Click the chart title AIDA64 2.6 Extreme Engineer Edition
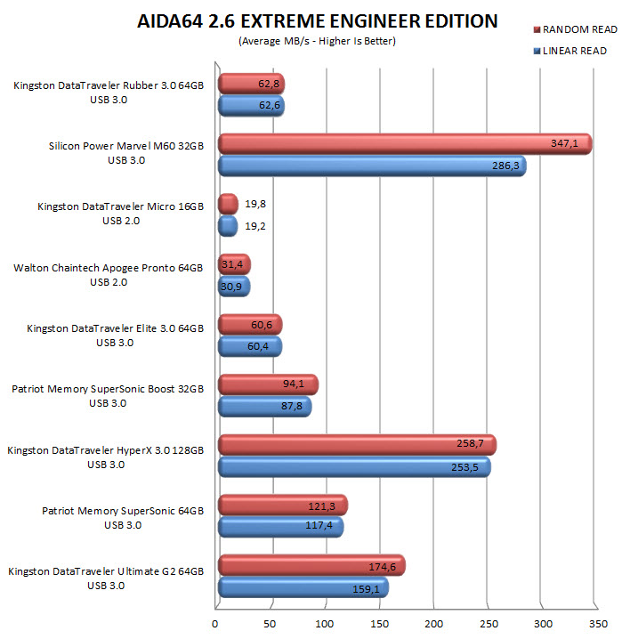(317, 21)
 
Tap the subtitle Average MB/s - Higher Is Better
(317, 41)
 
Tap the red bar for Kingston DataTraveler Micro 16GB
(228, 204)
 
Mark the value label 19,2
(256, 226)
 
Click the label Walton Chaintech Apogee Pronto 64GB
(109, 267)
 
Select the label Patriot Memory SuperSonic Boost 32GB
(108, 388)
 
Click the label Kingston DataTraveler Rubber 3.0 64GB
(109, 85)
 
